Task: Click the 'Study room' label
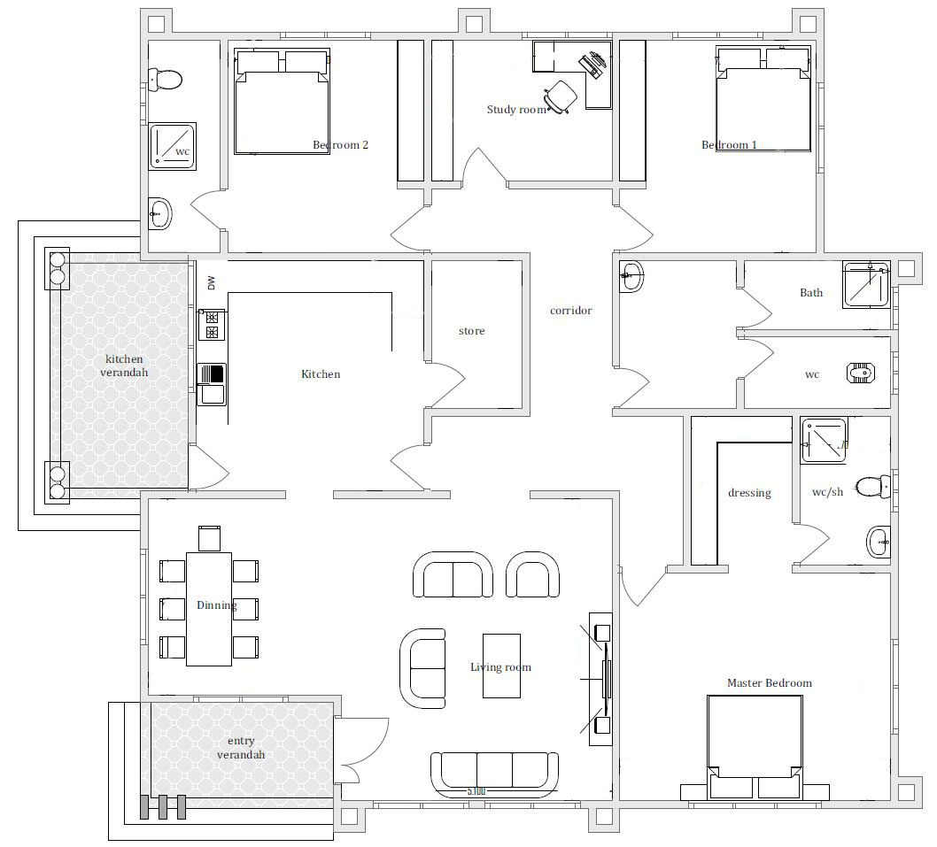click(516, 110)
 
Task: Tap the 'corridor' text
click(570, 311)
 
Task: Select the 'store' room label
click(471, 331)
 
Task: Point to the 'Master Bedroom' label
click(769, 682)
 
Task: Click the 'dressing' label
click(749, 493)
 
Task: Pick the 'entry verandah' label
click(241, 748)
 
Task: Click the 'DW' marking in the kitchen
click(211, 282)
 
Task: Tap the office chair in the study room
click(561, 96)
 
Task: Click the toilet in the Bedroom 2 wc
click(165, 80)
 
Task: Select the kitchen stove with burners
click(212, 324)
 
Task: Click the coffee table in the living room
click(501, 666)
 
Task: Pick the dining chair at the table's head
click(209, 538)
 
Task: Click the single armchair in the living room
click(532, 574)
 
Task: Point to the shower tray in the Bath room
click(866, 284)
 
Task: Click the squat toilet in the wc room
click(861, 373)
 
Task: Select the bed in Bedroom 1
click(763, 100)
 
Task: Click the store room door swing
click(447, 383)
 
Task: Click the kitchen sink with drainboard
click(212, 384)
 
